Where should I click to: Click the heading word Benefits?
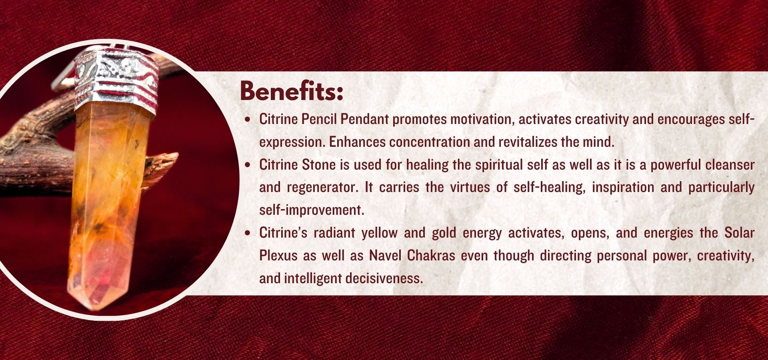click(x=292, y=92)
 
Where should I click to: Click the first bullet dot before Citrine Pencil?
click(x=249, y=119)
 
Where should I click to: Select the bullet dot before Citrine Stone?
click(x=249, y=164)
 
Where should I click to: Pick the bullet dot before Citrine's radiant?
click(x=249, y=233)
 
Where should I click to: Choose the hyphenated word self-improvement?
click(x=312, y=210)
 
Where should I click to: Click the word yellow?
click(x=380, y=233)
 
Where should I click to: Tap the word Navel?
click(x=385, y=256)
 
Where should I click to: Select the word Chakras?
click(x=431, y=256)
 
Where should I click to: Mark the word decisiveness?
click(x=384, y=278)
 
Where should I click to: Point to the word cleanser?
click(x=730, y=164)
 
